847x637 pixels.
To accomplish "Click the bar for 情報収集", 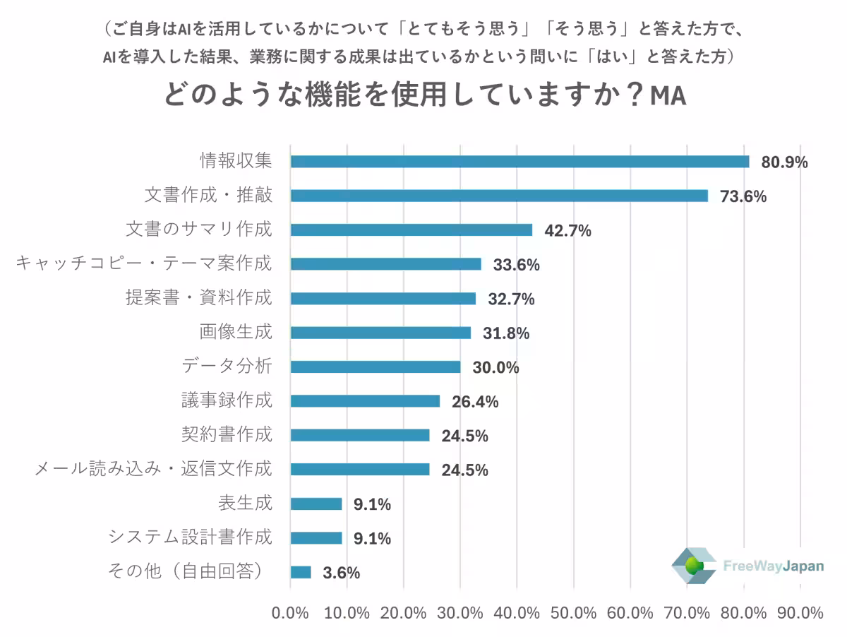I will [519, 162].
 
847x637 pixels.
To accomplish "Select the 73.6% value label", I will [743, 196].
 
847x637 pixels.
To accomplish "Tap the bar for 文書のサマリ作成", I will [411, 230].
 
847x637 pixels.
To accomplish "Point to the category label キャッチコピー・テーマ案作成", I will [143, 264].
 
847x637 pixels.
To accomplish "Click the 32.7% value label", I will [511, 299].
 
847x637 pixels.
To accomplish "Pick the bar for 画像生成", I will [380, 333].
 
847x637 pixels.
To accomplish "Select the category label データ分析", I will [227, 367].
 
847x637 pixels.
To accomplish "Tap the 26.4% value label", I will [475, 402].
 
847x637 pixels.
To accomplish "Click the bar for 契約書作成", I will [359, 435].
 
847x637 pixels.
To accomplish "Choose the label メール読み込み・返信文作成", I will [153, 469].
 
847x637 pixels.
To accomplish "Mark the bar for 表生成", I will [316, 504].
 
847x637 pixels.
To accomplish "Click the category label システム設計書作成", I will [189, 537].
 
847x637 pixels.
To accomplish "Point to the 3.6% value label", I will [341, 573].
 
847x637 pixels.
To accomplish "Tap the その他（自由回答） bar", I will [300, 572].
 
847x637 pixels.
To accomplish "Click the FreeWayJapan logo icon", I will [693, 566].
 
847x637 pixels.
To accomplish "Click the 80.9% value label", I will [783, 162].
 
